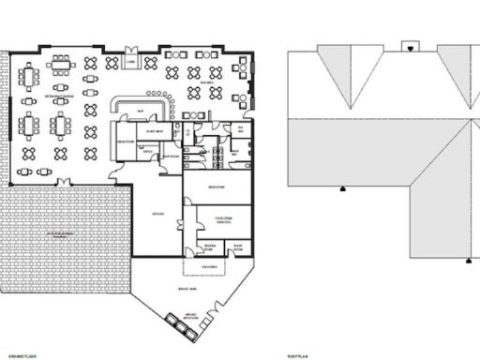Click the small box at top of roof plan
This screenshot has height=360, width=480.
point(410,44)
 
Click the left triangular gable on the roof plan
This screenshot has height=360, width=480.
point(350,80)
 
